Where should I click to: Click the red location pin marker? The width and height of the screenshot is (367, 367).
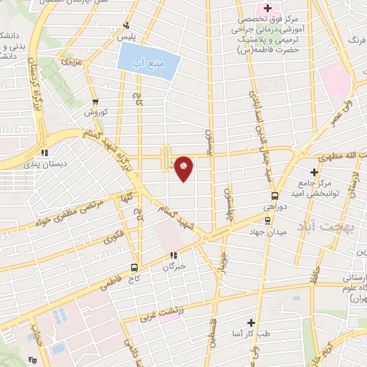coord(183,168)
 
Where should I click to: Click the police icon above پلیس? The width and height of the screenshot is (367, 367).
coord(127,24)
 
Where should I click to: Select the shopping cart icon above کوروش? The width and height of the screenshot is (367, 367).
coord(95,103)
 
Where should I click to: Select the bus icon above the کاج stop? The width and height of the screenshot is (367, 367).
coord(134,268)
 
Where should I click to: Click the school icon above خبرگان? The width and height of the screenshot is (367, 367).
coord(173,255)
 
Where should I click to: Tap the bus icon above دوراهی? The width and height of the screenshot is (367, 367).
coord(275,196)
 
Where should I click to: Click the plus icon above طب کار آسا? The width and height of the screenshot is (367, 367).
coord(251,323)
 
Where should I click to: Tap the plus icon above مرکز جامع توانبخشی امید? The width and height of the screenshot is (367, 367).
coord(314,171)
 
